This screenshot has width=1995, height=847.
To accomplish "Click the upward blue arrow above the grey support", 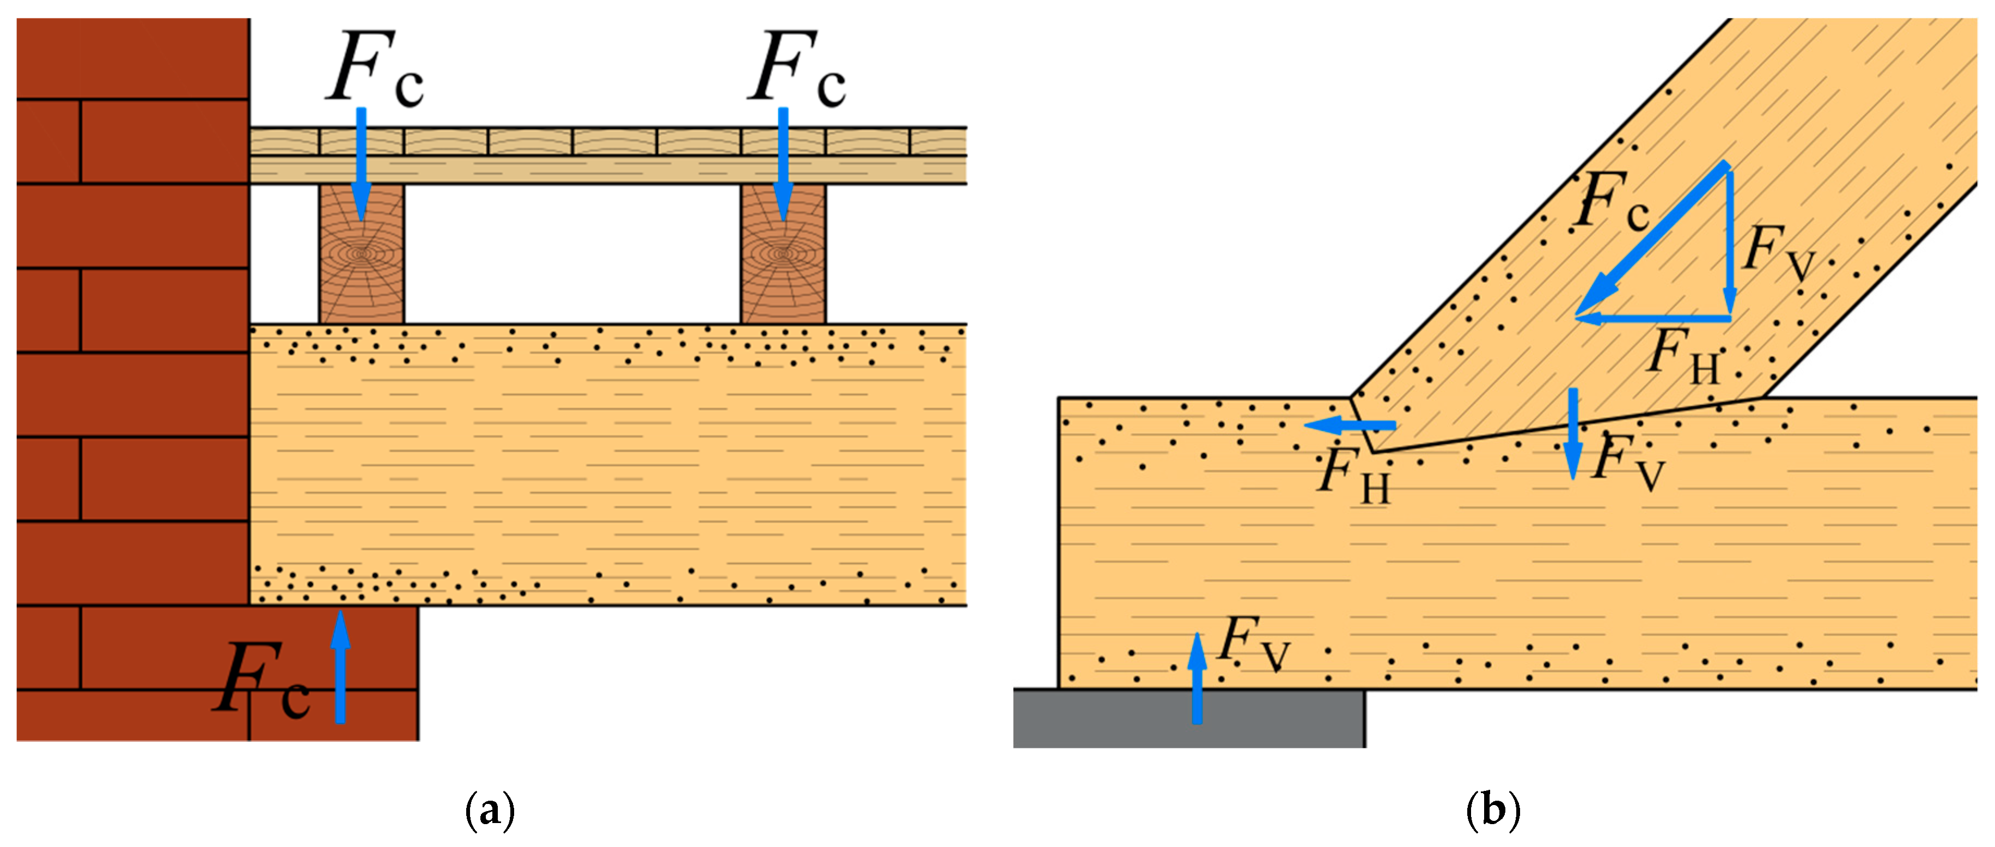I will tap(1197, 678).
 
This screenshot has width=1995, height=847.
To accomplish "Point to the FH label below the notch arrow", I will tap(1354, 476).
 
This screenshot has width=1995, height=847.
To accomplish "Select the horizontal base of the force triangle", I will tap(1654, 318).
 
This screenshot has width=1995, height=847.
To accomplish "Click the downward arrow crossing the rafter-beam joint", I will tap(1572, 434).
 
